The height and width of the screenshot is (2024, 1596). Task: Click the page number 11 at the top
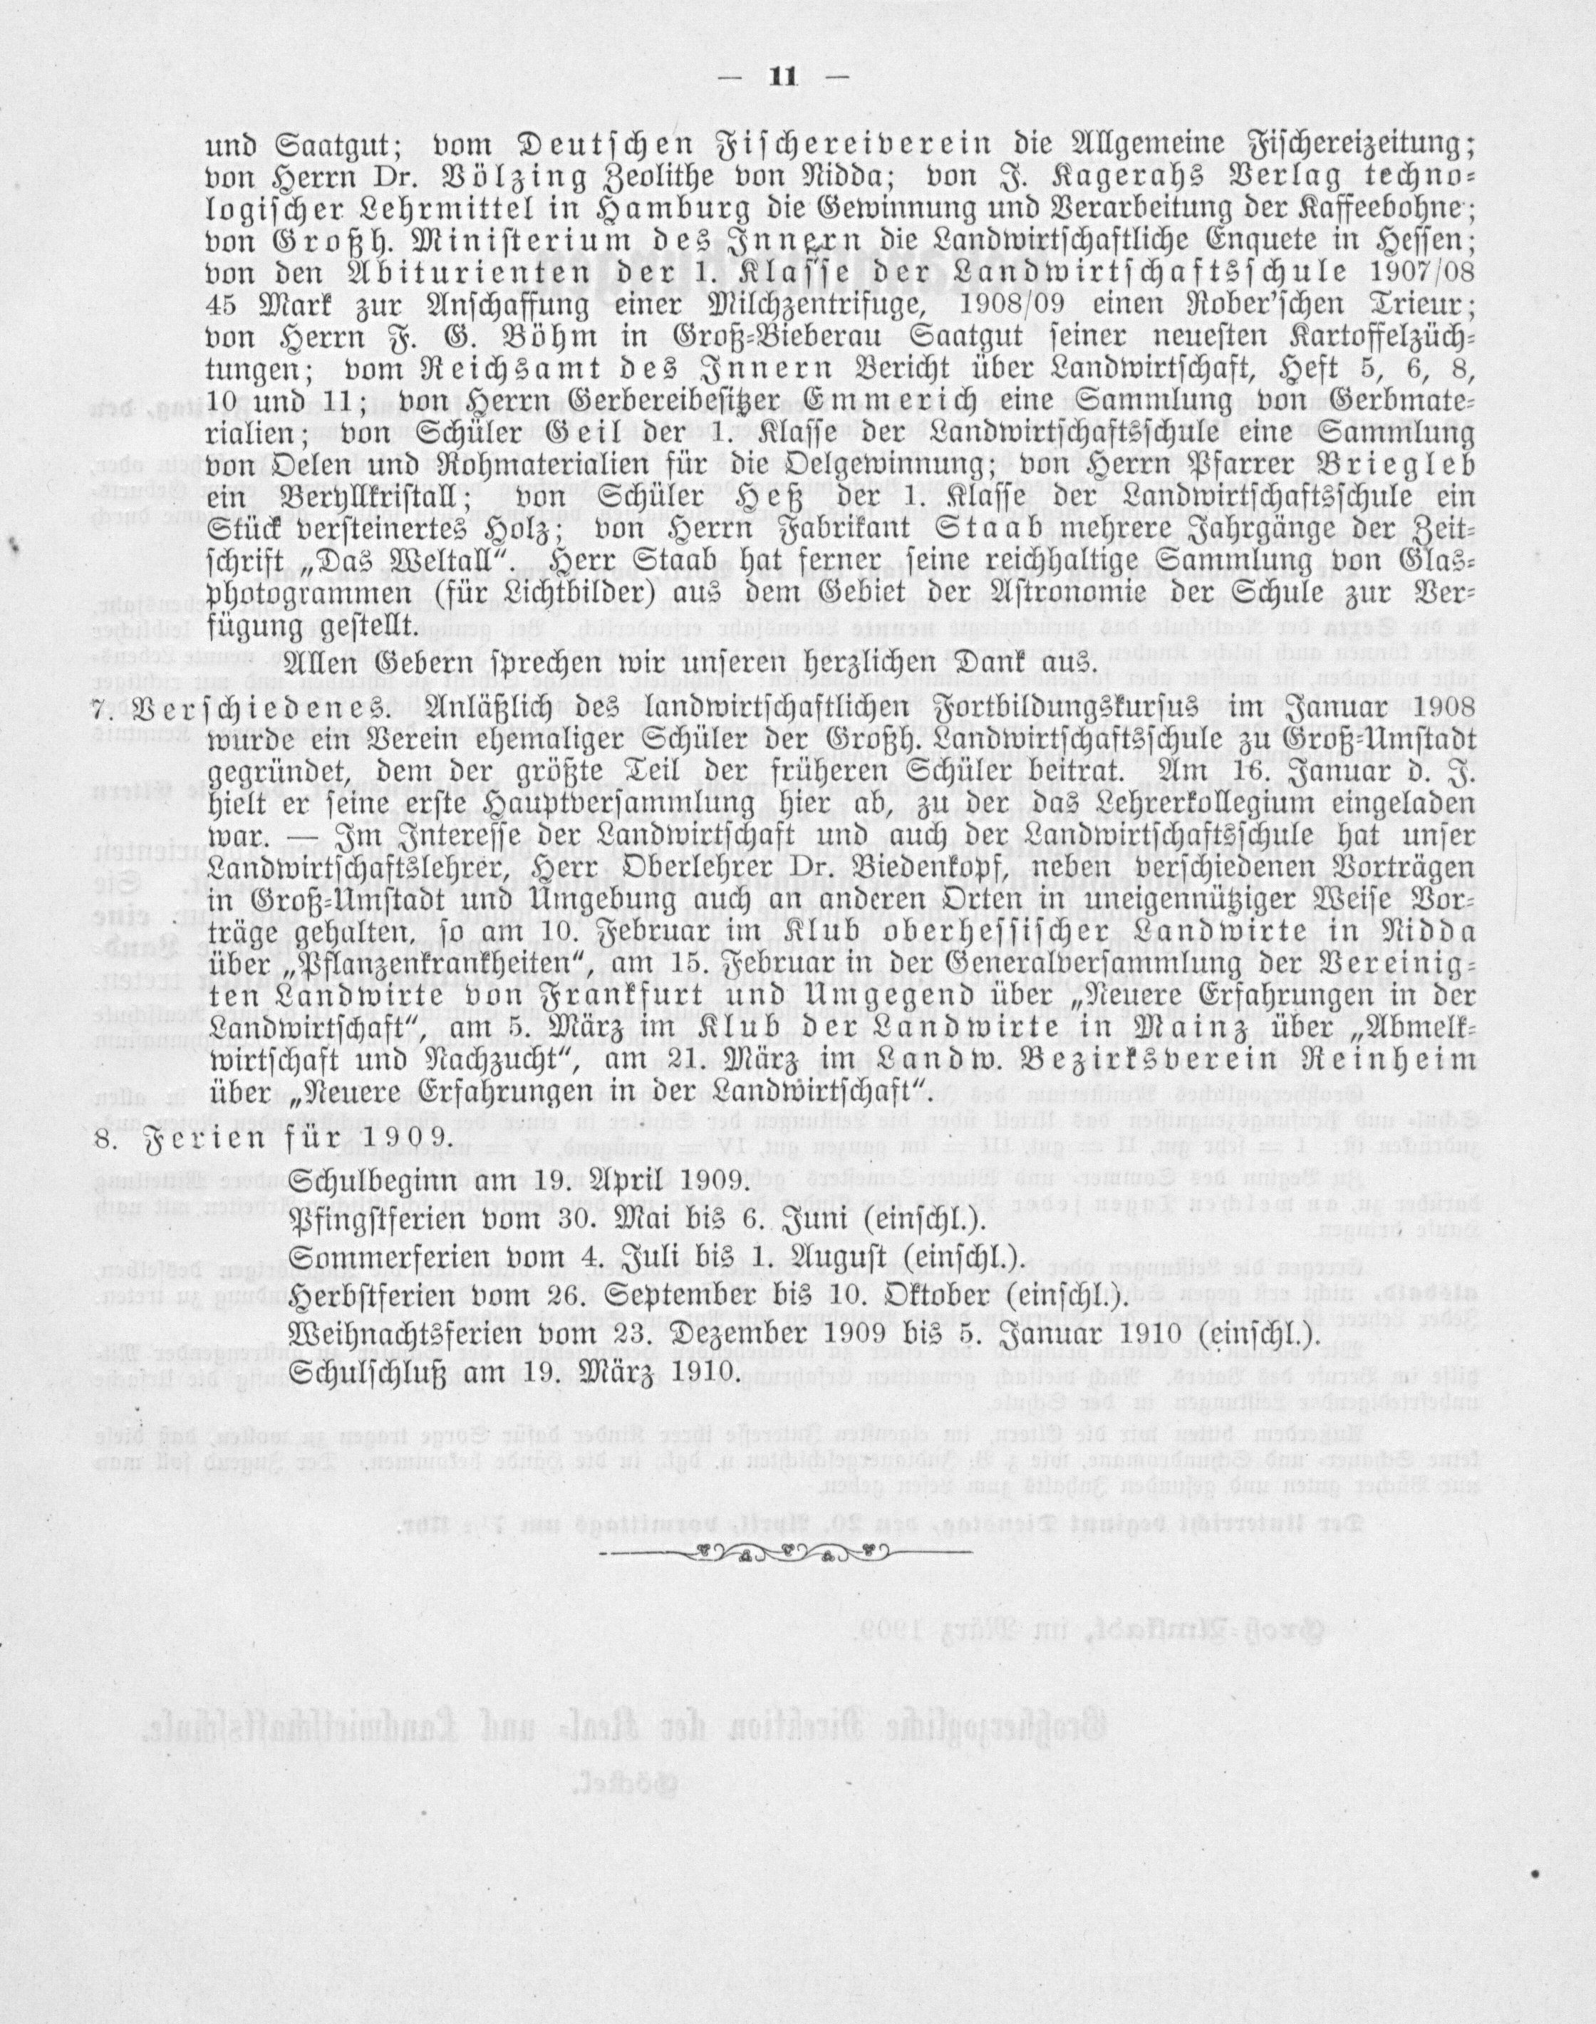pos(780,78)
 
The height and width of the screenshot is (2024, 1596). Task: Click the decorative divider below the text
pos(785,1552)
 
